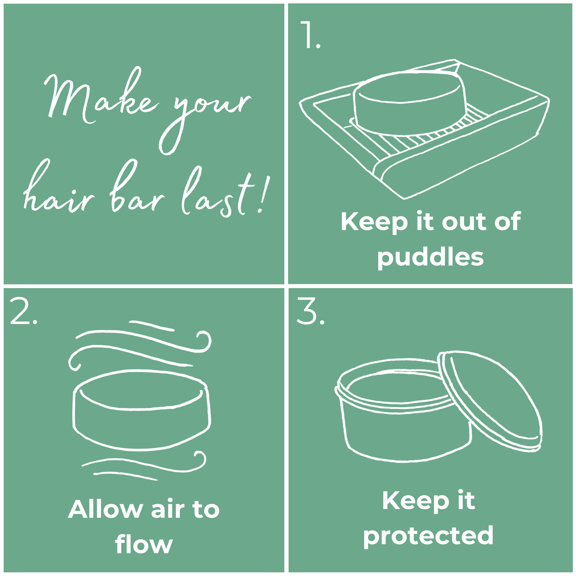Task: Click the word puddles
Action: pyautogui.click(x=430, y=257)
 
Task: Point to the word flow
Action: pyautogui.click(x=144, y=544)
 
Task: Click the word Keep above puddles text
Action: pyautogui.click(x=374, y=222)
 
